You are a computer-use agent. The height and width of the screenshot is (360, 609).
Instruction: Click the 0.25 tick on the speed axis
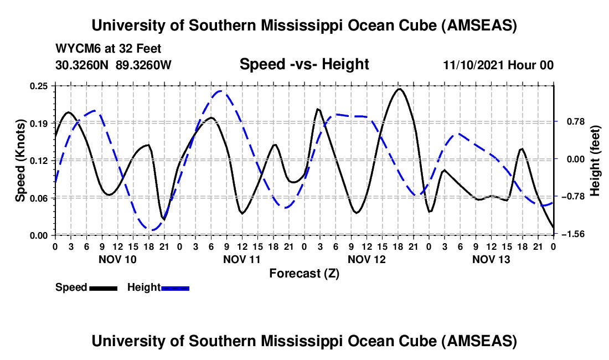(x=40, y=86)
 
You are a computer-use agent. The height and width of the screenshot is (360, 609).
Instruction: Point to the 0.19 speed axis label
(x=40, y=123)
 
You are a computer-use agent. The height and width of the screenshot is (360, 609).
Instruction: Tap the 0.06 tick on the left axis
(x=40, y=198)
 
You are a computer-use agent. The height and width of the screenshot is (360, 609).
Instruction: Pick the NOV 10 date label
(x=117, y=259)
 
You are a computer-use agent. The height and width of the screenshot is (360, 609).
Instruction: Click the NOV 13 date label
(x=491, y=259)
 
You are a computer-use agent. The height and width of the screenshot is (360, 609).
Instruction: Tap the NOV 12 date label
(x=367, y=259)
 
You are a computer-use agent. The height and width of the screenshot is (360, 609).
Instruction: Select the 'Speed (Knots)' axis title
(x=20, y=160)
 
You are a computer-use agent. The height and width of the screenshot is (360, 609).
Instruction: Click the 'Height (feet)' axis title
(x=595, y=161)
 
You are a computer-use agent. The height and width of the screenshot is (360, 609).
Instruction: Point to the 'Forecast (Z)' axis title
(x=304, y=273)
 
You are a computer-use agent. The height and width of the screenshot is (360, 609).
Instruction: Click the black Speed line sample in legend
(x=103, y=287)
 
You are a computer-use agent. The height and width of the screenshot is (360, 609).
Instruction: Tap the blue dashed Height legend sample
(x=176, y=287)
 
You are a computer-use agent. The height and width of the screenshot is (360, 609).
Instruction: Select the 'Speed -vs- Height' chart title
(x=304, y=64)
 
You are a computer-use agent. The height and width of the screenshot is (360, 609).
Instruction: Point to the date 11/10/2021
(x=474, y=65)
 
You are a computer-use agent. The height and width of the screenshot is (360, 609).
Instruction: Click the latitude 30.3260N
(x=83, y=65)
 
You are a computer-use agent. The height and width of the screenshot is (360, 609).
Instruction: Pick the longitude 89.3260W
(x=144, y=65)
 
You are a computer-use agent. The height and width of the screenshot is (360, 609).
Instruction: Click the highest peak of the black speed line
(x=399, y=89)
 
